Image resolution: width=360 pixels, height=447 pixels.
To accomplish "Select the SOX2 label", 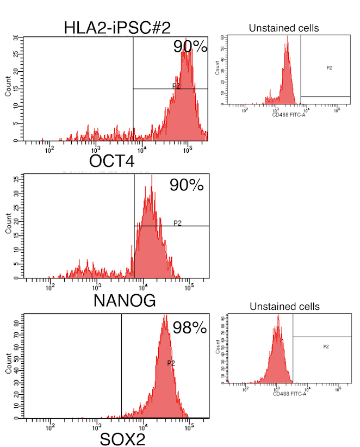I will pos(123,439).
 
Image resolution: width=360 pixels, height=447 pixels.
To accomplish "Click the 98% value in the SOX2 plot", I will pos(190,327).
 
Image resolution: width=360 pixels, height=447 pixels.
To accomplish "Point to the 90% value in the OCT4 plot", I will pos(190,47).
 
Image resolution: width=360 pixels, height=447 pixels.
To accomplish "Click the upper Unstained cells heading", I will pos(283,28).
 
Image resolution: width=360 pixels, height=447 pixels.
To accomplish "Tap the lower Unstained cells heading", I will pos(284,307).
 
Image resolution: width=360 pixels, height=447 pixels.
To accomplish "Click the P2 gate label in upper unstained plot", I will pos(329,67).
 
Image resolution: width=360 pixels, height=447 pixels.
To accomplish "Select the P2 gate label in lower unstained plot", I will pos(326,346).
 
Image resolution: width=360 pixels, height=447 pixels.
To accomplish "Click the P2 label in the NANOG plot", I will pos(177,222).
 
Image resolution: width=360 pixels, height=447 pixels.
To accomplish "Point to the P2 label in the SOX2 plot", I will pos(171,363).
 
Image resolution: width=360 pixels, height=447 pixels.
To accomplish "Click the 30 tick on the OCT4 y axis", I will pos(16,39).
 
